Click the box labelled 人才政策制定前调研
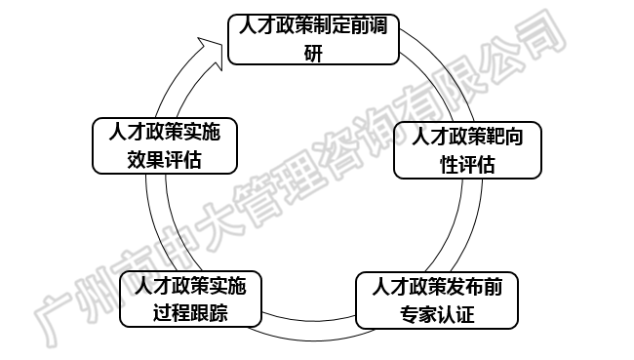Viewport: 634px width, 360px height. [x=312, y=39]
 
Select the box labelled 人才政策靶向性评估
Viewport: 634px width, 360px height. [x=466, y=150]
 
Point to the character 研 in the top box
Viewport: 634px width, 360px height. [x=312, y=53]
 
